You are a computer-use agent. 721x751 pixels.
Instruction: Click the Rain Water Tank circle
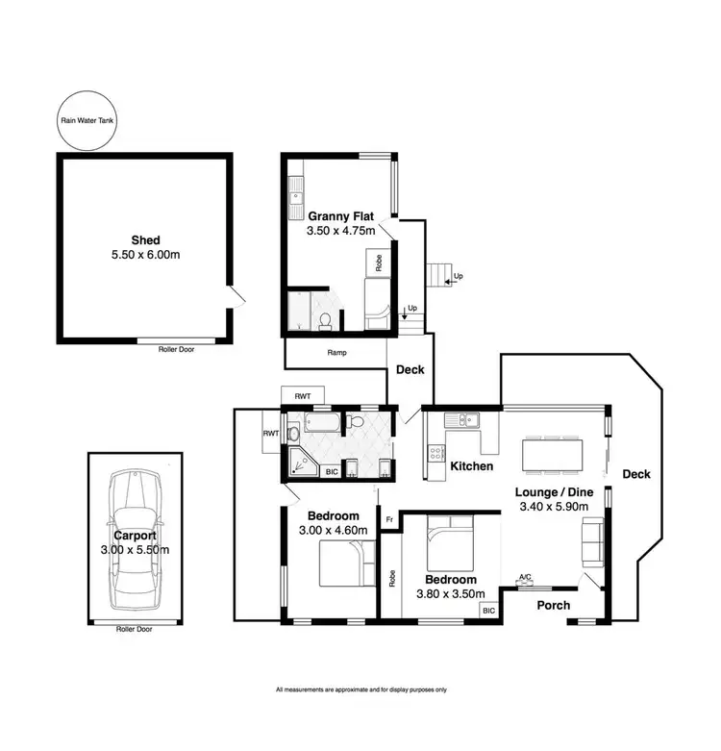click(x=82, y=122)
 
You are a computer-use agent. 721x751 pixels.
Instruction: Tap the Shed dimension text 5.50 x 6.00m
click(x=145, y=256)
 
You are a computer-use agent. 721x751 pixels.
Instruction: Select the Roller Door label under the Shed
click(x=176, y=349)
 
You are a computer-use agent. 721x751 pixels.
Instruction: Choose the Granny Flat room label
click(x=340, y=215)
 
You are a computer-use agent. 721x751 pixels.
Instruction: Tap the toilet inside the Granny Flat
click(x=327, y=319)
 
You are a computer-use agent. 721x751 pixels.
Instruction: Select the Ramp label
click(x=336, y=353)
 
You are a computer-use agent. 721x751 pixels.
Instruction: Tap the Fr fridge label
click(x=389, y=520)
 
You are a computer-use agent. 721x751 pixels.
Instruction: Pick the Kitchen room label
click(x=472, y=466)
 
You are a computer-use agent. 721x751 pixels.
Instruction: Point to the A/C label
click(x=525, y=578)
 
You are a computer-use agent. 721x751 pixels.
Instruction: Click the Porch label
click(x=552, y=606)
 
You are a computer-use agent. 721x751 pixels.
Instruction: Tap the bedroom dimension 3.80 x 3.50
click(x=451, y=594)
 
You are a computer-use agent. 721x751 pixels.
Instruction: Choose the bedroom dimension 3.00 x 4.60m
click(x=333, y=530)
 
